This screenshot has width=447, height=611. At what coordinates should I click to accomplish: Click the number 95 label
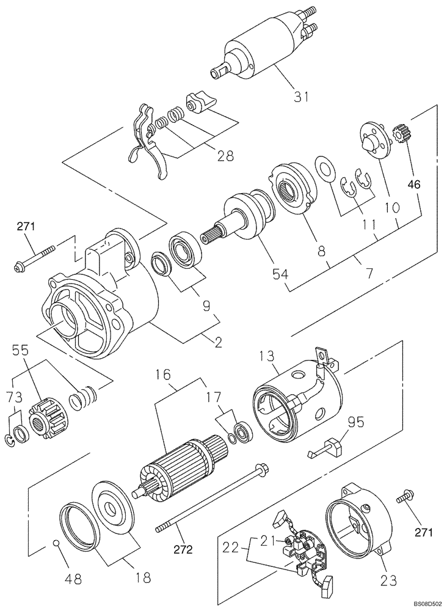tap(356, 421)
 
